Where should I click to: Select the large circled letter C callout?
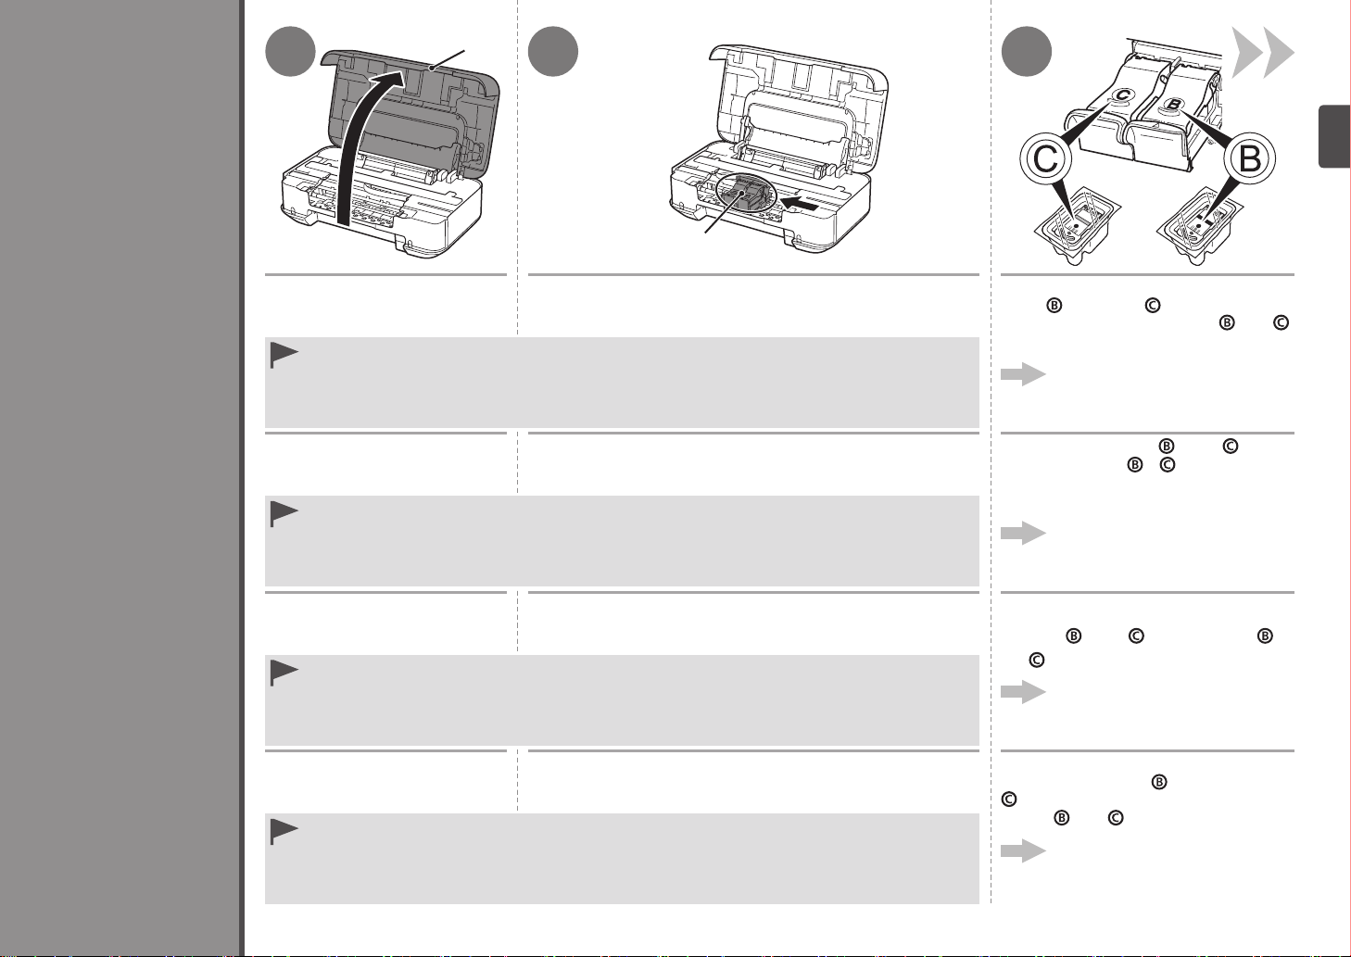click(1046, 160)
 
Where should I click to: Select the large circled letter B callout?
click(1250, 160)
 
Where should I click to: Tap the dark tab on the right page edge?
click(1334, 137)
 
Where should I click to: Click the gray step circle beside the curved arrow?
click(289, 52)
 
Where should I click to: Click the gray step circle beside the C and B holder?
click(1028, 52)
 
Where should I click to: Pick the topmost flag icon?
click(284, 357)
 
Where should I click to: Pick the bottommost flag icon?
click(284, 833)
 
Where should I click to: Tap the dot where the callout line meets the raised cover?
click(433, 68)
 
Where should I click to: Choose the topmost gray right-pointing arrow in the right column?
click(1023, 374)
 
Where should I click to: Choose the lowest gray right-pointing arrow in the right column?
click(1023, 851)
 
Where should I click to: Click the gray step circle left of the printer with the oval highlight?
click(553, 52)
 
